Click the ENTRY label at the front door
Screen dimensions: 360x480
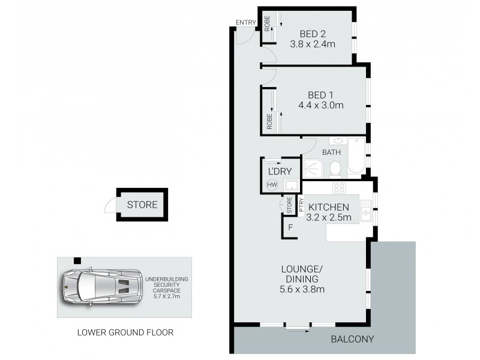point(245,23)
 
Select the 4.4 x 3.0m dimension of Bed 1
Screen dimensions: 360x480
point(320,106)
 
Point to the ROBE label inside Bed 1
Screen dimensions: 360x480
point(269,122)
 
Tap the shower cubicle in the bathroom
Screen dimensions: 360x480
point(313,168)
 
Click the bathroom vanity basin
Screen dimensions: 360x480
point(314,142)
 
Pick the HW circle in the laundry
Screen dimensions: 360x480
point(272,185)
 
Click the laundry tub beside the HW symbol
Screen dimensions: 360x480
point(291,185)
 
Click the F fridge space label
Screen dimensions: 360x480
point(290,228)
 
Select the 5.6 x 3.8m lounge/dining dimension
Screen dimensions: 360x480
point(302,290)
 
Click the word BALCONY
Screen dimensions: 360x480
point(352,340)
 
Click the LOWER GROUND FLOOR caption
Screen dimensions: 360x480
point(125,332)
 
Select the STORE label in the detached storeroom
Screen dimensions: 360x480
point(142,205)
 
